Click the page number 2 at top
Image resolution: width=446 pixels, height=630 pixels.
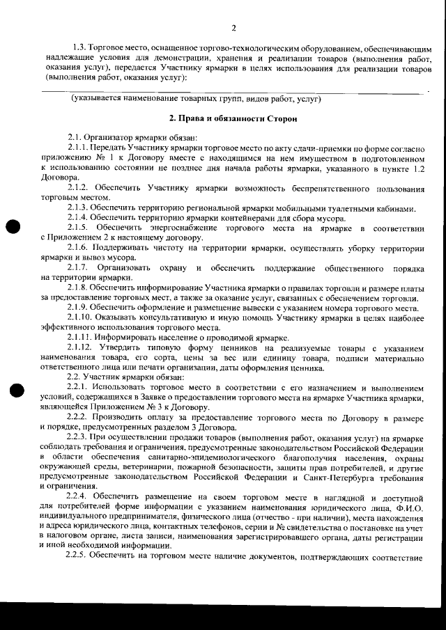233,29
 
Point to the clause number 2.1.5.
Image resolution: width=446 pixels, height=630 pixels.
80,228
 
